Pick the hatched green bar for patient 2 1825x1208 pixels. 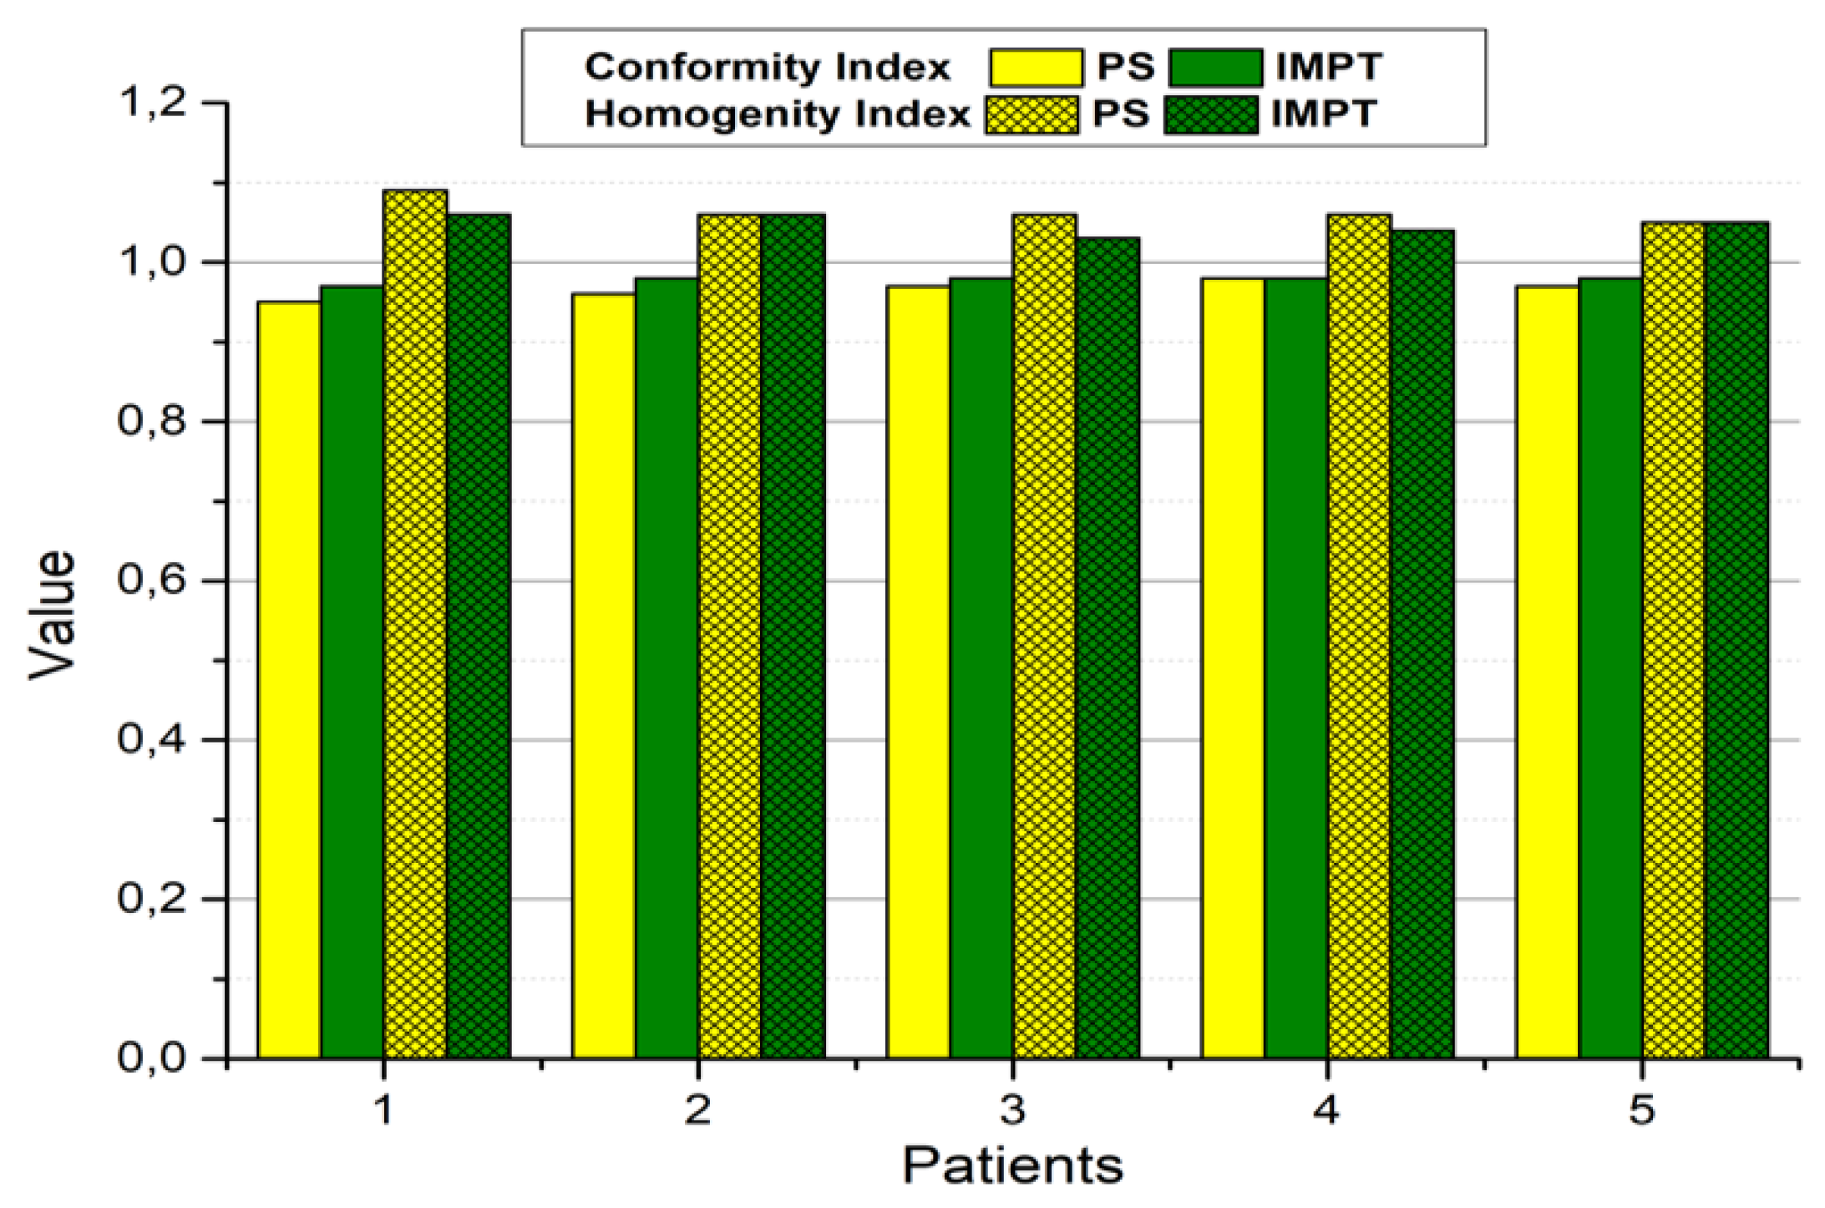coord(793,636)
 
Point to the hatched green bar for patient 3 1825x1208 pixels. coord(1108,647)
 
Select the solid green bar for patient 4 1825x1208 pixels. coord(1295,668)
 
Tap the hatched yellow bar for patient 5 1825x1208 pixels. coord(1674,640)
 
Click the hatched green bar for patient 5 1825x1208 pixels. coord(1736,640)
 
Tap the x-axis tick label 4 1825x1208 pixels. coord(1326,1110)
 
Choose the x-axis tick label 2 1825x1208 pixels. coord(697,1110)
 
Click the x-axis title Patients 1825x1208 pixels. coord(1012,1165)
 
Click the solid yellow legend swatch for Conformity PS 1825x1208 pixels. coord(1036,68)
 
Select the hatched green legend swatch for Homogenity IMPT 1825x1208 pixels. coord(1211,115)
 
